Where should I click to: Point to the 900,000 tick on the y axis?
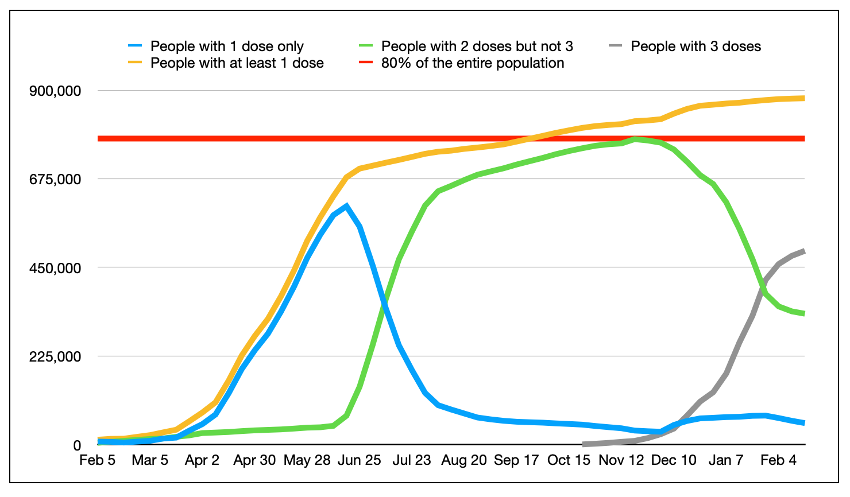click(55, 91)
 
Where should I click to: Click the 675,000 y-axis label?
click(55, 179)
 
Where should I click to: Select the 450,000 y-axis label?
click(55, 268)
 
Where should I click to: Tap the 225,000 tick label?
click(55, 356)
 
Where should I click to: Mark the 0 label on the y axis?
click(76, 445)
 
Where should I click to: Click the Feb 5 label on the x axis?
click(97, 460)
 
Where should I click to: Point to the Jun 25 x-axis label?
click(359, 460)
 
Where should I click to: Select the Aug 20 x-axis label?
click(463, 460)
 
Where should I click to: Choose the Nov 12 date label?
click(621, 460)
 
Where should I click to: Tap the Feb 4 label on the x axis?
click(778, 460)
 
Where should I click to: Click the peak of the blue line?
click(346, 205)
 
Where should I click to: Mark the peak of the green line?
click(635, 139)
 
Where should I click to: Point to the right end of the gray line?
click(804, 251)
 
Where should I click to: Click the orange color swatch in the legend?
click(136, 63)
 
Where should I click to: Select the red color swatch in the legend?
click(366, 63)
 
